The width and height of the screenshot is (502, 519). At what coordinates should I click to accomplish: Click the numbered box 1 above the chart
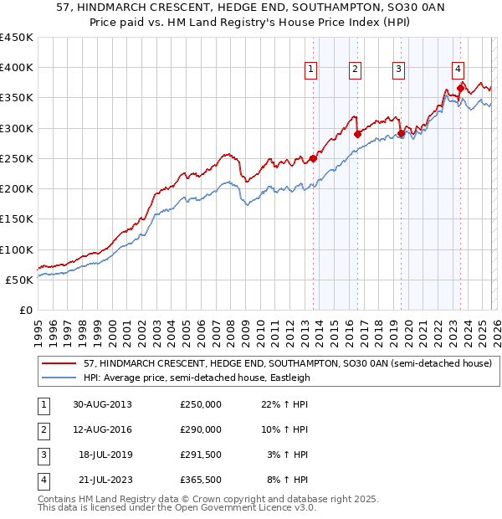pos(311,69)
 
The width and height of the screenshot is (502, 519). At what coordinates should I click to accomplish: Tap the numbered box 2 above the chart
pos(355,69)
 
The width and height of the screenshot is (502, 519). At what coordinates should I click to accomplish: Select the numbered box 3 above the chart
pos(399,69)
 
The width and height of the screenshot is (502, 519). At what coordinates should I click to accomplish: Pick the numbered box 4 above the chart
pos(458,69)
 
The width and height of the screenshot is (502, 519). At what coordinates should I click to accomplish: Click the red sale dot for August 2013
pos(314,158)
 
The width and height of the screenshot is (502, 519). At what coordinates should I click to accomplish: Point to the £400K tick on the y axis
pos(17,68)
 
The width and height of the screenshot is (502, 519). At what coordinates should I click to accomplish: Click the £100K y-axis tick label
pos(17,249)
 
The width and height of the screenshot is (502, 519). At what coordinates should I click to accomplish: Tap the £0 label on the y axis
pos(24,310)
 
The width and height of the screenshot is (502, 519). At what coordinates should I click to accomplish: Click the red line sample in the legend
pos(59,363)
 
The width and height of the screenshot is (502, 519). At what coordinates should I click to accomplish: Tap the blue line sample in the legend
pos(59,378)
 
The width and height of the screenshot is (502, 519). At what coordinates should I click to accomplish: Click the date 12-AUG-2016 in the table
pos(103,429)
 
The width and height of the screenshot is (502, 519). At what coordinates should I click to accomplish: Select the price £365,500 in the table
pos(200,480)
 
